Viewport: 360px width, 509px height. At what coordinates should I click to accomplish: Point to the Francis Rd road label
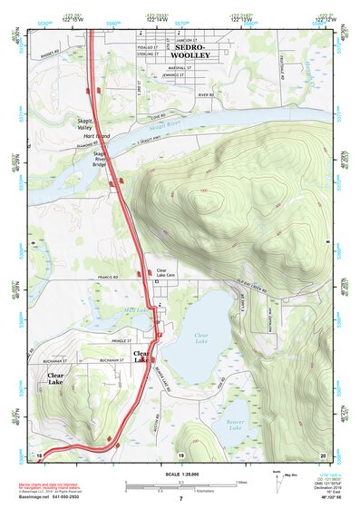(x=111, y=278)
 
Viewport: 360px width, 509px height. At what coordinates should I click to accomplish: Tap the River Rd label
(x=207, y=93)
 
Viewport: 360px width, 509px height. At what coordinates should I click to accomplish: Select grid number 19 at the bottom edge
(x=180, y=454)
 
